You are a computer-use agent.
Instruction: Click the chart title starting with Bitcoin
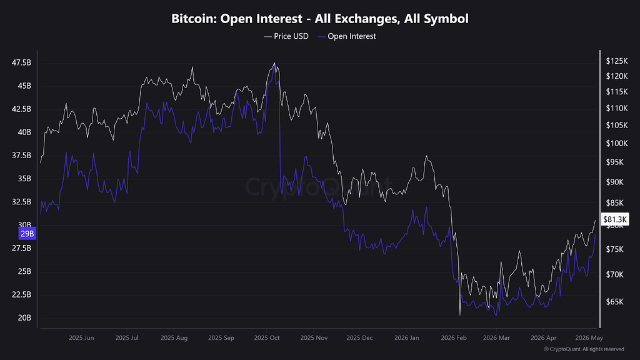(319, 18)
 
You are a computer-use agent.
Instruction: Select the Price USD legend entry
(286, 36)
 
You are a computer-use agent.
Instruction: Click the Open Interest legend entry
(347, 36)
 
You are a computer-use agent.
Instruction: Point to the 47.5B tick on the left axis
(21, 62)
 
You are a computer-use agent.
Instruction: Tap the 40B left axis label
(24, 132)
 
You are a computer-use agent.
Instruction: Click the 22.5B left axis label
(21, 295)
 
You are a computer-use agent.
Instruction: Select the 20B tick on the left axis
(24, 317)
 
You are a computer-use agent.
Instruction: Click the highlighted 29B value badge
(27, 234)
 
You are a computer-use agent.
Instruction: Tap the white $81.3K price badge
(615, 219)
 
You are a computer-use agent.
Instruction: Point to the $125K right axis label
(617, 61)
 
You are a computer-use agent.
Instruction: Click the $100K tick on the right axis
(617, 143)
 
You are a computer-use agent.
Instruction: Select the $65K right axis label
(615, 302)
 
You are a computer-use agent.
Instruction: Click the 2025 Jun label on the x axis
(81, 338)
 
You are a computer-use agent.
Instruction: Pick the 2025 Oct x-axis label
(266, 338)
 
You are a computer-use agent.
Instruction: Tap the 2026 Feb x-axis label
(454, 338)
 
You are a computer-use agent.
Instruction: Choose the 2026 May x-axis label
(589, 338)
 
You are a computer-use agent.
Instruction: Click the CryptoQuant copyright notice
(584, 349)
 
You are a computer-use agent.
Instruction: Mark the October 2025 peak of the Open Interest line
(274, 64)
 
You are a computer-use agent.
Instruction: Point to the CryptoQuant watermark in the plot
(318, 186)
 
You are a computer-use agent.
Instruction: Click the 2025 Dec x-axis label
(359, 338)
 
